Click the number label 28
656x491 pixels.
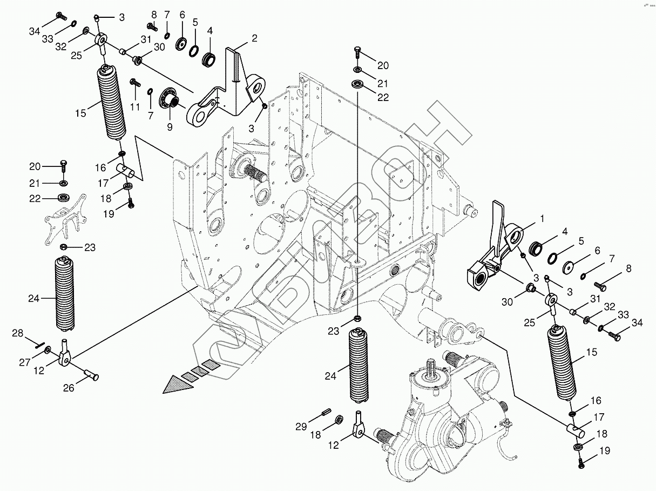coord(18,334)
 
